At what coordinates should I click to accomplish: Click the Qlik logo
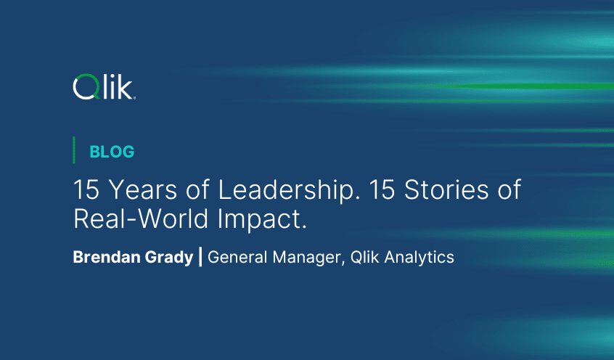(105, 86)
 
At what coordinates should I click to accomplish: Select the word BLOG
(112, 152)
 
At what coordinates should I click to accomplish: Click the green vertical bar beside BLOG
(73, 150)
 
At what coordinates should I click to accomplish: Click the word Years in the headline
(142, 190)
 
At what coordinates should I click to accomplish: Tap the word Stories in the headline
(446, 190)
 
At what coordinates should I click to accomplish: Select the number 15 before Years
(86, 190)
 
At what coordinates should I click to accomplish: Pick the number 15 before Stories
(382, 190)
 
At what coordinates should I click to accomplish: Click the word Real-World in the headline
(141, 218)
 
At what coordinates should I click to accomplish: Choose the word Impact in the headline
(262, 220)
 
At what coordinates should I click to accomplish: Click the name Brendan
(107, 258)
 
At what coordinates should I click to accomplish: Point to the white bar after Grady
(201, 257)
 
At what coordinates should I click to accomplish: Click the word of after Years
(197, 190)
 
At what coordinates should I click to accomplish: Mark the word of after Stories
(509, 190)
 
